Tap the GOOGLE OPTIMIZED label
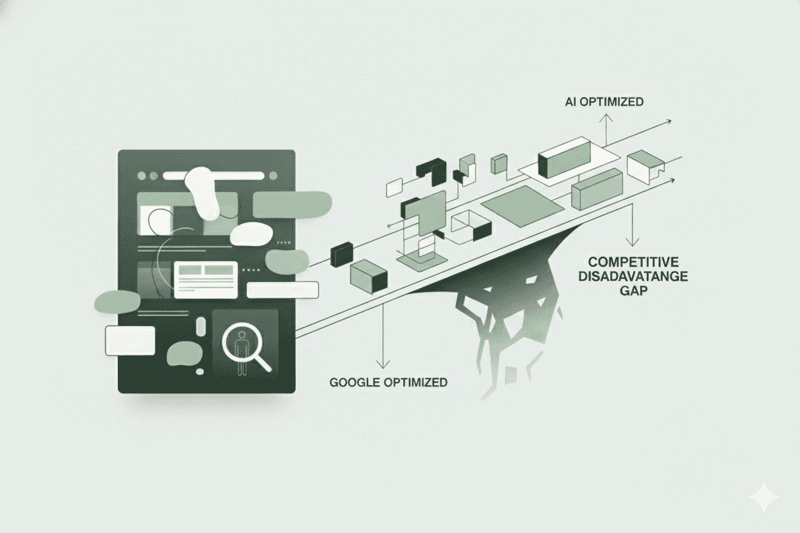(388, 382)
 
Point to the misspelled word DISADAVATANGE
(633, 276)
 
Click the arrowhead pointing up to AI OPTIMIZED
(604, 117)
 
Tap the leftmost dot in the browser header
(142, 175)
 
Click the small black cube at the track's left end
(340, 254)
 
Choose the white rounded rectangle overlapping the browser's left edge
(130, 340)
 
